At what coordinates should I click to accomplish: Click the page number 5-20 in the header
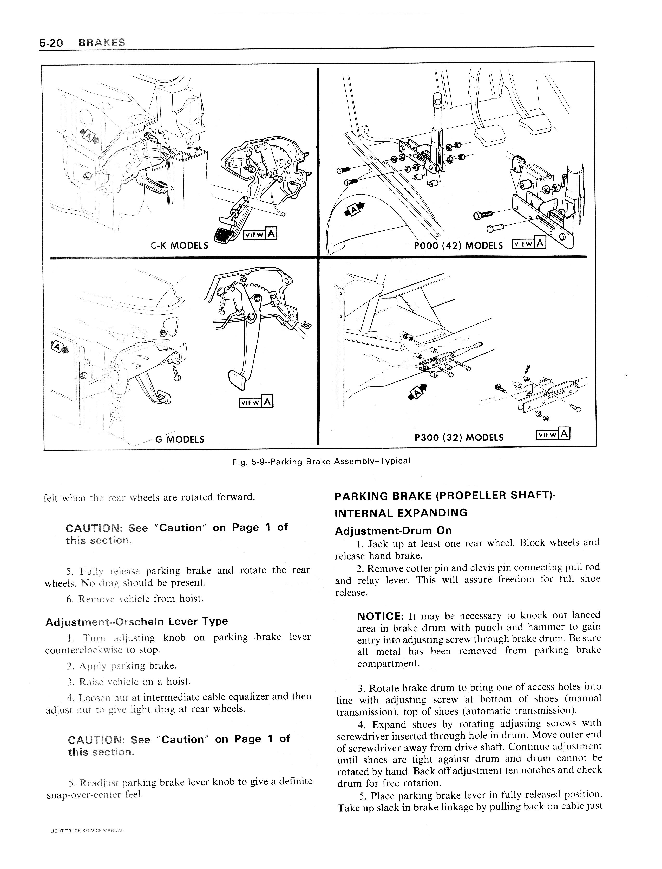coord(51,43)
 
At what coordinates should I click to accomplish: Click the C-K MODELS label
coord(179,245)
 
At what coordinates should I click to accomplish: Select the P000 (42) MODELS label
coord(458,245)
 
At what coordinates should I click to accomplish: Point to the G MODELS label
coord(180,439)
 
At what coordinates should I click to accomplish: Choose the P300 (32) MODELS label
coord(459,437)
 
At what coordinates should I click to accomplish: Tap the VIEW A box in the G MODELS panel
coord(256,402)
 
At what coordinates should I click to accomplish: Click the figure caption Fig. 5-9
coord(321,461)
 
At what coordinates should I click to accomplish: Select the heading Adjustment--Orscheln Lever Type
coord(137,621)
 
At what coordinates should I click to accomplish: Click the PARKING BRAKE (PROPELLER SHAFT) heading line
coord(444,496)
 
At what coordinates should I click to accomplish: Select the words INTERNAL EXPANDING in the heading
coord(401,513)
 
